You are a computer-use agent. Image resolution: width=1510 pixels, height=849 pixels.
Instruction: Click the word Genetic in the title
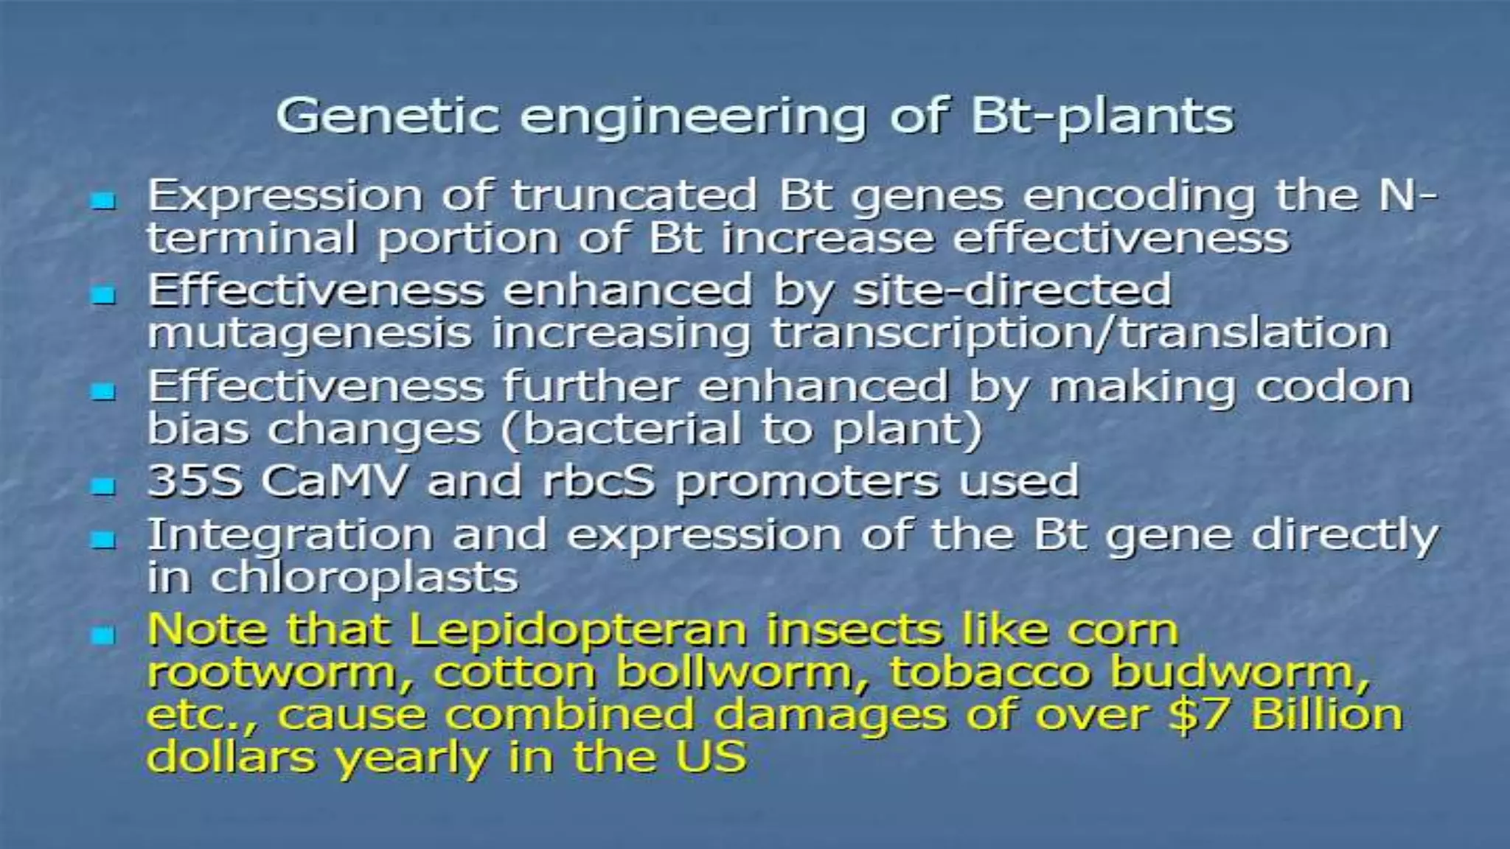coord(388,116)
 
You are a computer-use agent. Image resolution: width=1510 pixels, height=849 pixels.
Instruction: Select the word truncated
coord(634,196)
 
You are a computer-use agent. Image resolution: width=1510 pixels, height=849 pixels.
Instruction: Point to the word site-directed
coord(1012,290)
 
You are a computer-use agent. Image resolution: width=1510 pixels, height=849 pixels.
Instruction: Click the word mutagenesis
coord(310,334)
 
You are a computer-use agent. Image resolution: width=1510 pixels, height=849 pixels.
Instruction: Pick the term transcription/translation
coord(1080,334)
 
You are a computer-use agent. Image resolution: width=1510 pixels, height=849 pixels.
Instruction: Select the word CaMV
coord(333,481)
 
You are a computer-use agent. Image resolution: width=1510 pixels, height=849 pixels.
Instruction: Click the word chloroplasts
coord(364,577)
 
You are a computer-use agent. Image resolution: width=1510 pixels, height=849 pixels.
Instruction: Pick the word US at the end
coord(712,757)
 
